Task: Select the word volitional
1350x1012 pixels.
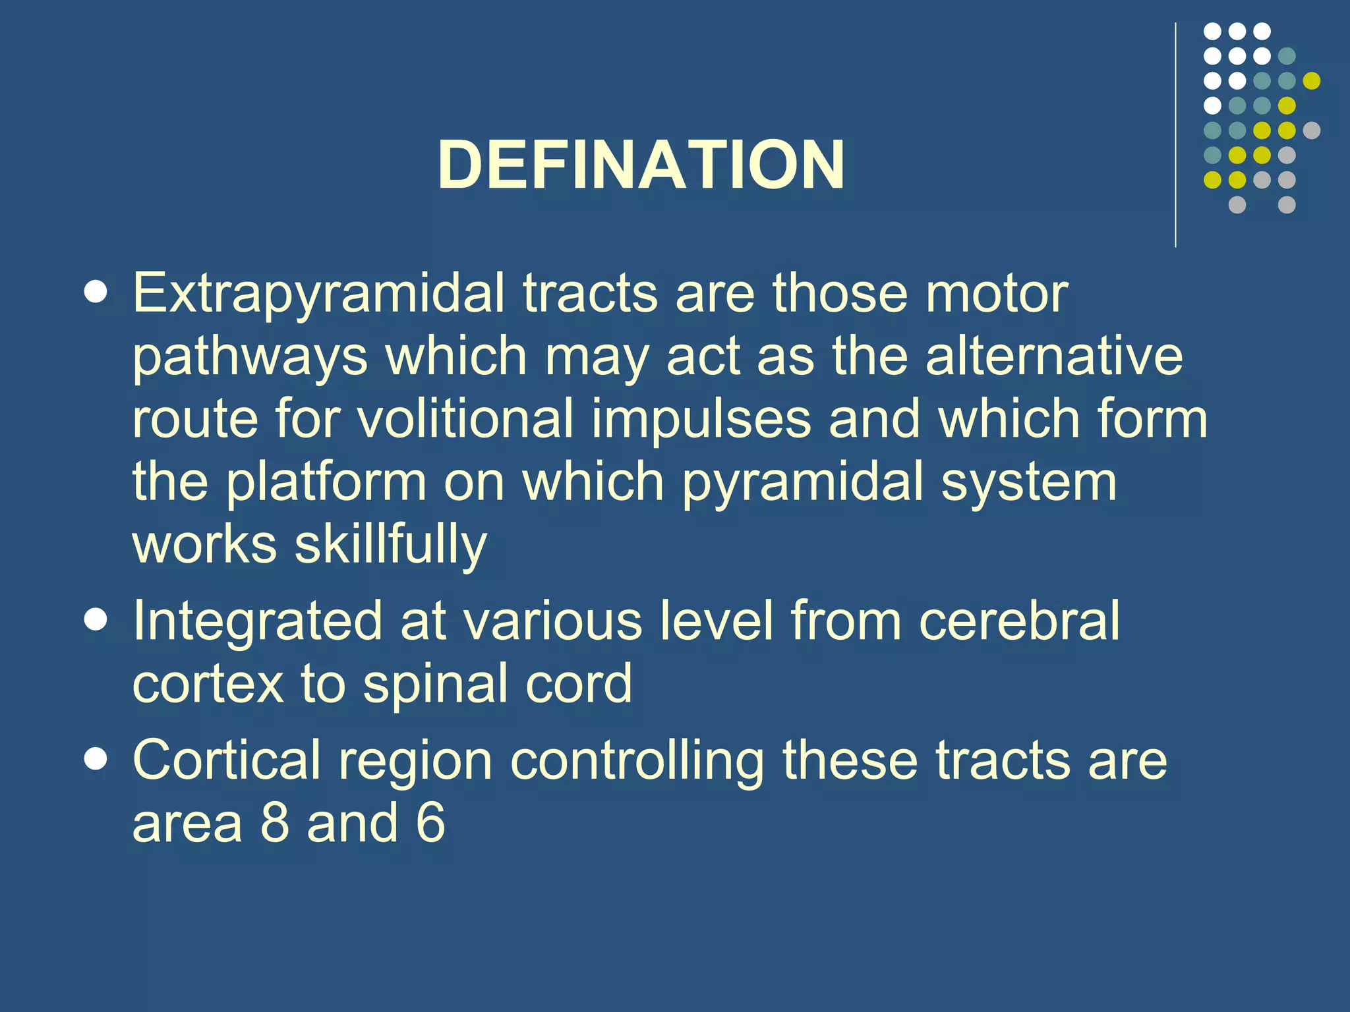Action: pyautogui.click(x=465, y=419)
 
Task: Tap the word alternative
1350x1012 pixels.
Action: pyautogui.click(x=1053, y=356)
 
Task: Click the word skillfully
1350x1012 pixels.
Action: pyautogui.click(x=390, y=546)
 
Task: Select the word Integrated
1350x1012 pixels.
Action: pyautogui.click(x=257, y=621)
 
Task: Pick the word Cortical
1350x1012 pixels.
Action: pyautogui.click(x=226, y=760)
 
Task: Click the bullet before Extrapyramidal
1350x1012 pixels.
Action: pyautogui.click(x=96, y=293)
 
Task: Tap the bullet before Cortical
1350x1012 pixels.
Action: pyautogui.click(x=96, y=760)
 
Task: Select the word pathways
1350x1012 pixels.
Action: pyautogui.click(x=250, y=358)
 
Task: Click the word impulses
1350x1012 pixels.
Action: pyautogui.click(x=701, y=420)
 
